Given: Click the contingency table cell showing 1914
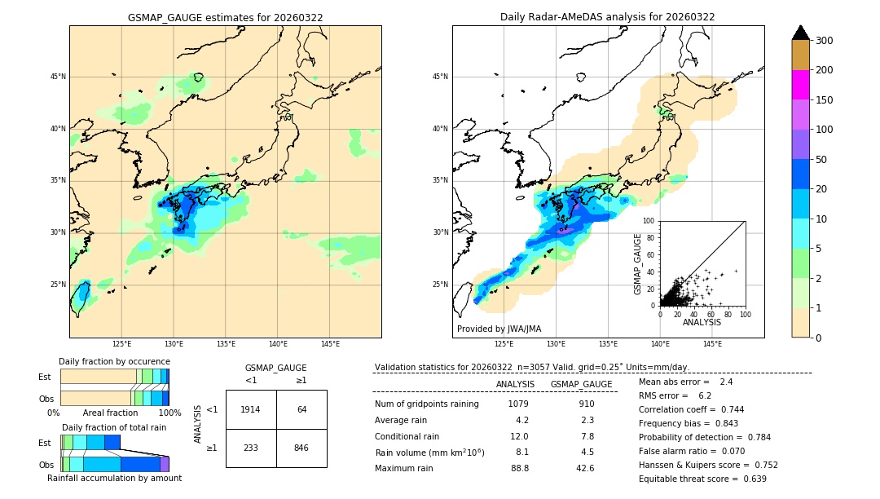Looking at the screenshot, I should tap(251, 409).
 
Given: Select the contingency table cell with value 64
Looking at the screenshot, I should tap(301, 409).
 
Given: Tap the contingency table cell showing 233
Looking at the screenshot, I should tap(251, 448).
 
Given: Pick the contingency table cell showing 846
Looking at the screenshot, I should tap(301, 448).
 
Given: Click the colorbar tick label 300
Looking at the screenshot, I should tap(825, 40).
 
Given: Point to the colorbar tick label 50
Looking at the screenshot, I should tap(822, 159).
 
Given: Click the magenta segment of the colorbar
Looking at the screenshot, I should tap(801, 85).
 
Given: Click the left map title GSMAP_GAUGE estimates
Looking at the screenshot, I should tap(225, 17).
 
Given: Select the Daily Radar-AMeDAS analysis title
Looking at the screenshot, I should tap(608, 17).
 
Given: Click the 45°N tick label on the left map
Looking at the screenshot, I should tap(58, 77).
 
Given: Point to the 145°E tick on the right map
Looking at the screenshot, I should tap(712, 344).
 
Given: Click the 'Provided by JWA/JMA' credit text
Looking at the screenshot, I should tap(499, 329).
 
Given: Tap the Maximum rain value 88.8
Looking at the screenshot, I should tap(519, 468).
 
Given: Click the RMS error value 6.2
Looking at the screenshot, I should tap(705, 395).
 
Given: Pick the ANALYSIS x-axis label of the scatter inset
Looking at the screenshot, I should tap(702, 322).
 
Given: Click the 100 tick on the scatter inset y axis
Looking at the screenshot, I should tap(649, 220).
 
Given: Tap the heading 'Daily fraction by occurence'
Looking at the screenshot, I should tap(114, 361).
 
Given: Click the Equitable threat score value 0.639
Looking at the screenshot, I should tap(755, 479).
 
